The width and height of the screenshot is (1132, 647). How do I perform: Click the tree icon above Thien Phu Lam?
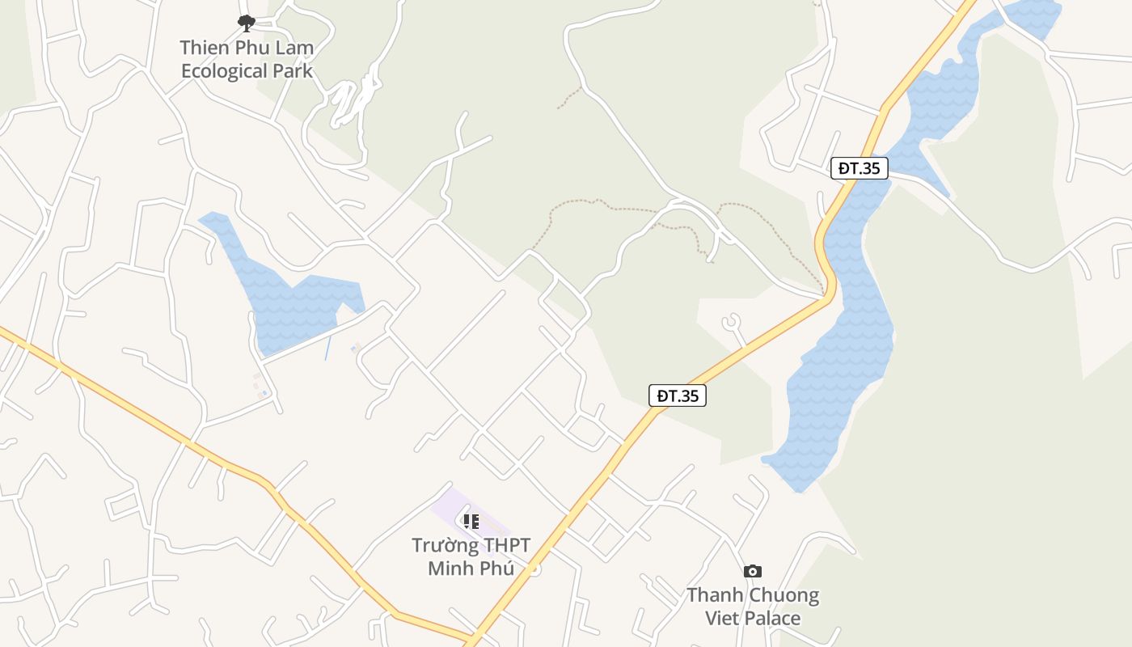click(247, 23)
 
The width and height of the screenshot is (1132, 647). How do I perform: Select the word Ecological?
click(224, 71)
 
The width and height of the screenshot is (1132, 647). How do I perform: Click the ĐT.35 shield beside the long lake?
click(860, 168)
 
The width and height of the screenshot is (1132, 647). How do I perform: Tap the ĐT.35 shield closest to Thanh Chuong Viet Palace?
click(678, 395)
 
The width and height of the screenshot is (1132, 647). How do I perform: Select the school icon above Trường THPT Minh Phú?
click(471, 521)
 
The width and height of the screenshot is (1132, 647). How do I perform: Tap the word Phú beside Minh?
click(497, 569)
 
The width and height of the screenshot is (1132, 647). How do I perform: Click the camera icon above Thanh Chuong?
click(753, 572)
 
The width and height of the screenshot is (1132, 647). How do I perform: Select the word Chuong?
click(784, 596)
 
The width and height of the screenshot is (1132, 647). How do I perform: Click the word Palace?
click(772, 619)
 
